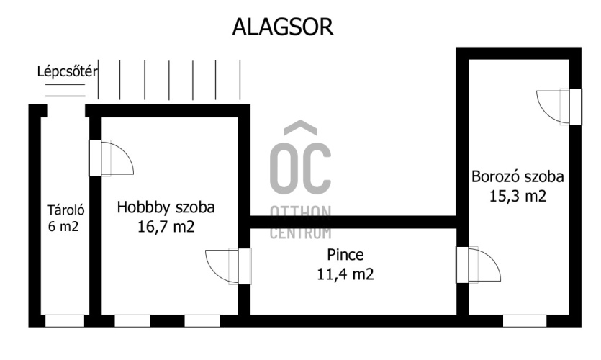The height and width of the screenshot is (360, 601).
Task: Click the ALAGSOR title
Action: click(282, 27)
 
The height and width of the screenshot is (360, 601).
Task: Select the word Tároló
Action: click(66, 211)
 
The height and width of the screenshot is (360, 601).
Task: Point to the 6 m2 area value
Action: click(63, 226)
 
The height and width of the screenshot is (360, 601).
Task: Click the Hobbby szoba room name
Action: click(166, 208)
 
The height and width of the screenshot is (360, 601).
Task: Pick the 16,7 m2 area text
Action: click(166, 226)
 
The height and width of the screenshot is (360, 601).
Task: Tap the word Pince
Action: click(345, 254)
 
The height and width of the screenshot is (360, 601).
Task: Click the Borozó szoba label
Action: click(518, 176)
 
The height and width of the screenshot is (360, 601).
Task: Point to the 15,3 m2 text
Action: click(518, 195)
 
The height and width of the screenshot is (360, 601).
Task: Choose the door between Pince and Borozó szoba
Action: click(479, 265)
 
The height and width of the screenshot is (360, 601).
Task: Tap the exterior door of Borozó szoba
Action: click(558, 107)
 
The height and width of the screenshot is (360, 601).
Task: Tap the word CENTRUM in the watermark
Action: click(300, 233)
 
